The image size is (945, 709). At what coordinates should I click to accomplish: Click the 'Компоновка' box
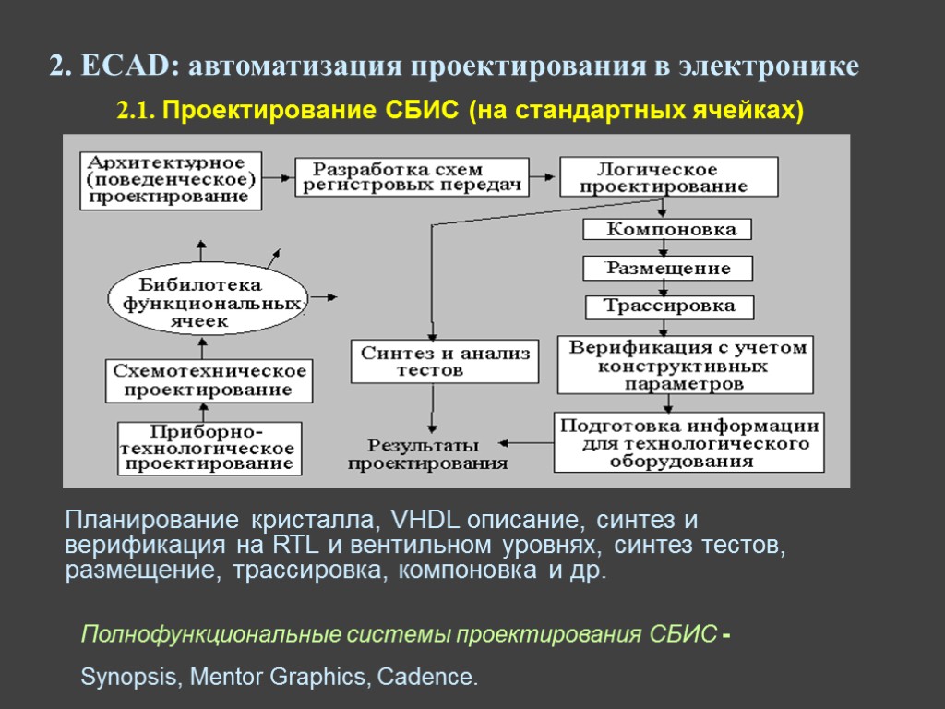668,229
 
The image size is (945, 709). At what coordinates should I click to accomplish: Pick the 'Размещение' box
668,269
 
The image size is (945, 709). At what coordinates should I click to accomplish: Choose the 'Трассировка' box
669,306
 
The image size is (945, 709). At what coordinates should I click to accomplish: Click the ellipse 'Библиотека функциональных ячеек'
207,303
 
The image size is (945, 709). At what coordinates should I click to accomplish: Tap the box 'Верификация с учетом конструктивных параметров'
686,365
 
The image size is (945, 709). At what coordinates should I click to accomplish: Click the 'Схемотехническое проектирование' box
209,380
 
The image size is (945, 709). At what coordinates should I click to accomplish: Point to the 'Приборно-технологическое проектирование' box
209,449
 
